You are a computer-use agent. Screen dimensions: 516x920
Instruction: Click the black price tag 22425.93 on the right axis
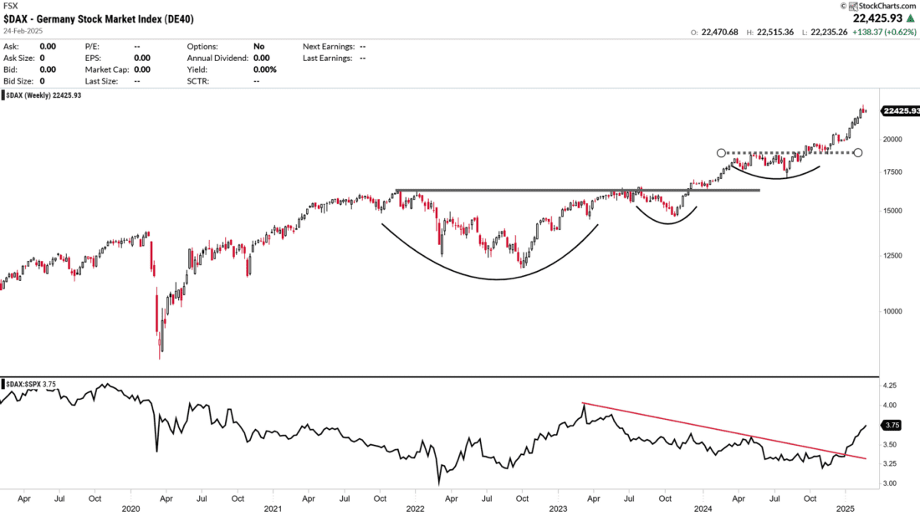[900, 110]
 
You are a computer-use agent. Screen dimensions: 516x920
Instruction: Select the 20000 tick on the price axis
[895, 140]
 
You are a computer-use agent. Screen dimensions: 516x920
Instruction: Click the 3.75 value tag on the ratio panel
[892, 425]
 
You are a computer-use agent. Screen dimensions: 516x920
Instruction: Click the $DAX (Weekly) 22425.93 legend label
[43, 95]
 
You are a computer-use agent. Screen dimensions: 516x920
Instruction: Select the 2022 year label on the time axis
[416, 508]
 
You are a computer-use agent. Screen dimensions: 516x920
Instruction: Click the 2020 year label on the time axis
[130, 508]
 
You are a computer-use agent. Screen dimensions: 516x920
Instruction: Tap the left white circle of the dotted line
[722, 153]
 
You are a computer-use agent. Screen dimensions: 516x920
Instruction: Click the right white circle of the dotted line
[857, 153]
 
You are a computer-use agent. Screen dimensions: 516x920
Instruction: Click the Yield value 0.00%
[264, 69]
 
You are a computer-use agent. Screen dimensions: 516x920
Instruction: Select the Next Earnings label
[329, 47]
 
